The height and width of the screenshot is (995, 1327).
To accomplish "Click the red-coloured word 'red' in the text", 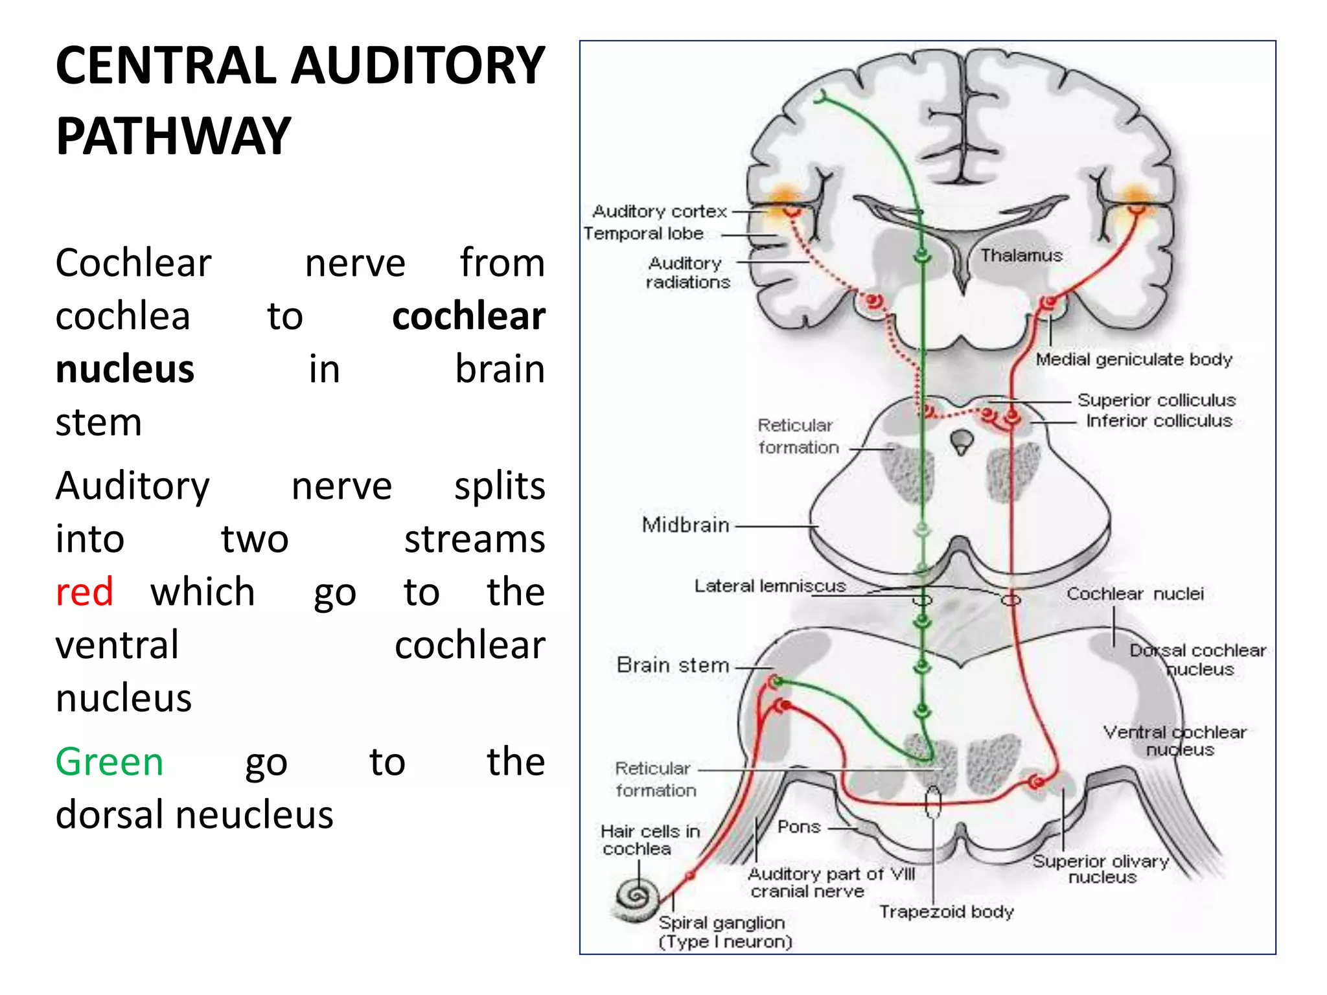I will [x=84, y=591].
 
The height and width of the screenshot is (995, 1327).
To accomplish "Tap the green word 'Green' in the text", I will [x=109, y=761].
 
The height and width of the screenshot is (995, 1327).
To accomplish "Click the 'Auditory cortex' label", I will [x=660, y=211].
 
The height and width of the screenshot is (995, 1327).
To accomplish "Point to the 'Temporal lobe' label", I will [x=643, y=233].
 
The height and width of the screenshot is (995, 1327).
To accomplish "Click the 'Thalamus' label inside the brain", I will [x=1021, y=255].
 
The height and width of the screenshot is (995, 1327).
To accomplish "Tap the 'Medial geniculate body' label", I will [x=1133, y=359].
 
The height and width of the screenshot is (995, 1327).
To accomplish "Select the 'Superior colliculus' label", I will [x=1156, y=400].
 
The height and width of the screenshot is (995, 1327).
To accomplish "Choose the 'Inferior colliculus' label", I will [x=1159, y=421].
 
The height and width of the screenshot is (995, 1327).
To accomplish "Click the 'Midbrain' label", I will [x=686, y=525].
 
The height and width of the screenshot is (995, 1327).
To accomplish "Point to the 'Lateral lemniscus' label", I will [x=770, y=586].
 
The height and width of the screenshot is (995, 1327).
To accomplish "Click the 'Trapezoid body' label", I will [x=946, y=911].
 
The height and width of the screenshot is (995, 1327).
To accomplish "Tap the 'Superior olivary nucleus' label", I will [x=1101, y=869].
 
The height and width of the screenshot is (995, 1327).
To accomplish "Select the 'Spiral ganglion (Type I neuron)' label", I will [x=724, y=932].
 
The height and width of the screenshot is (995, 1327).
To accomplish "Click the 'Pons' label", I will [x=799, y=827].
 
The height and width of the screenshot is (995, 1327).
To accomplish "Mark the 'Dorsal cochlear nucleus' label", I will [x=1197, y=659].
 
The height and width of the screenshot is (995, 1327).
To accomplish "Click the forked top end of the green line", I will [x=821, y=97].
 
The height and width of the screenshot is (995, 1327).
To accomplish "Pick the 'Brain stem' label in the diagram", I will [x=673, y=665].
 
